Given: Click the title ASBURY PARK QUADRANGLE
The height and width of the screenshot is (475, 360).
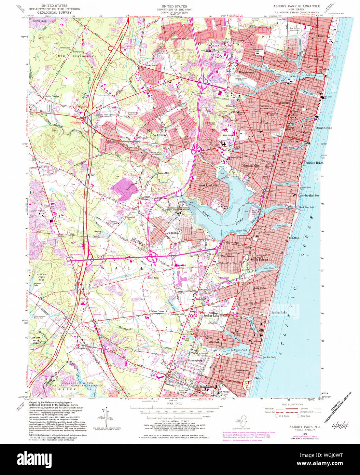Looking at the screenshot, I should (296, 6).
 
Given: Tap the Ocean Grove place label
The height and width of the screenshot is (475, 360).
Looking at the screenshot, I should (323, 128).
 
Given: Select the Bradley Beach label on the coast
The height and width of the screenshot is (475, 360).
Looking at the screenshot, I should (314, 163).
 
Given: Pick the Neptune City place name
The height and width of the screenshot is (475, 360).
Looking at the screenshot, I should (251, 166).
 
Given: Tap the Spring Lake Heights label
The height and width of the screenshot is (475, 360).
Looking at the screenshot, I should (217, 316).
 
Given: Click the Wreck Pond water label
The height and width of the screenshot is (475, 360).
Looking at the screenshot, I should (240, 350).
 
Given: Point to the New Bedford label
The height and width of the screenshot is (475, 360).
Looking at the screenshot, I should (172, 233).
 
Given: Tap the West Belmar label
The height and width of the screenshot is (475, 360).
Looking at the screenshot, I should (227, 256).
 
